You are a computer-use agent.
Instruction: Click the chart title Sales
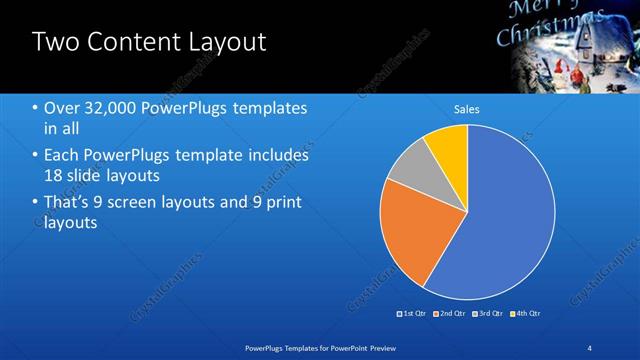coord(466,108)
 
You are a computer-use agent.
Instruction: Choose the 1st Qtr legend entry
coord(412,313)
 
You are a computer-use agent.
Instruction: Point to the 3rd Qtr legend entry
coord(489,313)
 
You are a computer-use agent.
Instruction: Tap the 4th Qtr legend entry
coord(527,313)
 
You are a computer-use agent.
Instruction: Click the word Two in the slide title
coord(53,42)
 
